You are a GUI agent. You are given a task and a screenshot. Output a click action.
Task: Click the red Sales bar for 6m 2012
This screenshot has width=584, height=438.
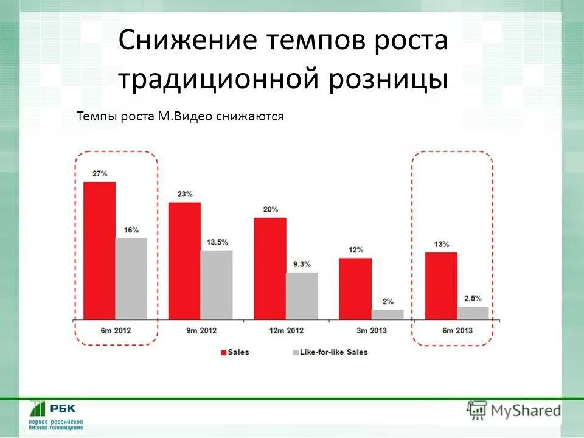pos(99,250)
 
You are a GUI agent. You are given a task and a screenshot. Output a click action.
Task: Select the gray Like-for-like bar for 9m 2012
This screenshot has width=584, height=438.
pos(217,284)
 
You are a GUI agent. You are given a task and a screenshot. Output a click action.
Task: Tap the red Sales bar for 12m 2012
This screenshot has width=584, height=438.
pos(269,268)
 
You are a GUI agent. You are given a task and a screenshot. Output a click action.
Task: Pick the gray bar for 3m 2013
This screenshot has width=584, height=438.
pos(388,315)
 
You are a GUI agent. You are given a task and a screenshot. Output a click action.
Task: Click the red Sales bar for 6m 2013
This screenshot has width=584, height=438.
pos(441,285)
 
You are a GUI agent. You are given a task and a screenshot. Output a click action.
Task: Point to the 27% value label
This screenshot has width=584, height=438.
pos(100,173)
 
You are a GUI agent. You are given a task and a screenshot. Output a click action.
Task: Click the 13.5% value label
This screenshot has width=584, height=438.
pos(217,242)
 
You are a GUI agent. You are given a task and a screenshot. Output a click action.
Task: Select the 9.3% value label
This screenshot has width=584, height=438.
pos(302,264)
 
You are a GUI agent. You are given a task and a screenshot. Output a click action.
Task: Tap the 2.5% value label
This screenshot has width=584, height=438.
pos(473,298)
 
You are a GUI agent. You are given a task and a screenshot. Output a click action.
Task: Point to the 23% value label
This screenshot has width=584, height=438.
pos(185,194)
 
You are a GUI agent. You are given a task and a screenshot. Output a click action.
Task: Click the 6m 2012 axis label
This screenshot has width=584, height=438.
pos(116,330)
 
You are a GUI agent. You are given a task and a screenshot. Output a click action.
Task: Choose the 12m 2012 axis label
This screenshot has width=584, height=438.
pos(286,330)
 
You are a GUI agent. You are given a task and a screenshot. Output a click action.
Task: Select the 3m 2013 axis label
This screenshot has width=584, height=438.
pos(371,330)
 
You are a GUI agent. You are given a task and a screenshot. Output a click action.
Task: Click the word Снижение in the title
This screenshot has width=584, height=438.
pos(187,41)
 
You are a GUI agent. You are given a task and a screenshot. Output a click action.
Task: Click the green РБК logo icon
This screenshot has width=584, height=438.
pos(38,409)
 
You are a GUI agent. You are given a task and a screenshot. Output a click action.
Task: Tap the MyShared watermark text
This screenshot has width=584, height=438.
pos(527,411)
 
